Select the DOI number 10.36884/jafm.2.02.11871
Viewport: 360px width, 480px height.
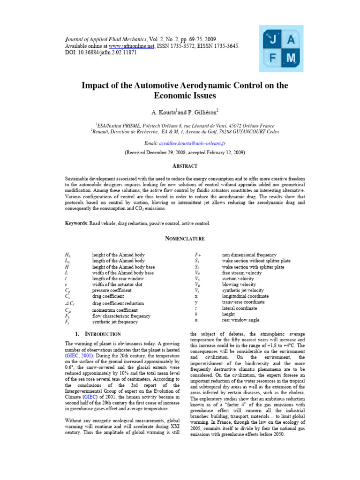click(x=108, y=53)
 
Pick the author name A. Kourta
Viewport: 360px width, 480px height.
click(x=165, y=113)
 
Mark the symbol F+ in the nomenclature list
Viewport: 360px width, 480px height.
click(x=198, y=255)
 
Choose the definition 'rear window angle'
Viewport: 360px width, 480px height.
click(x=241, y=320)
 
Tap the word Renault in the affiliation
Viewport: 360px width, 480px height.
click(x=103, y=132)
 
